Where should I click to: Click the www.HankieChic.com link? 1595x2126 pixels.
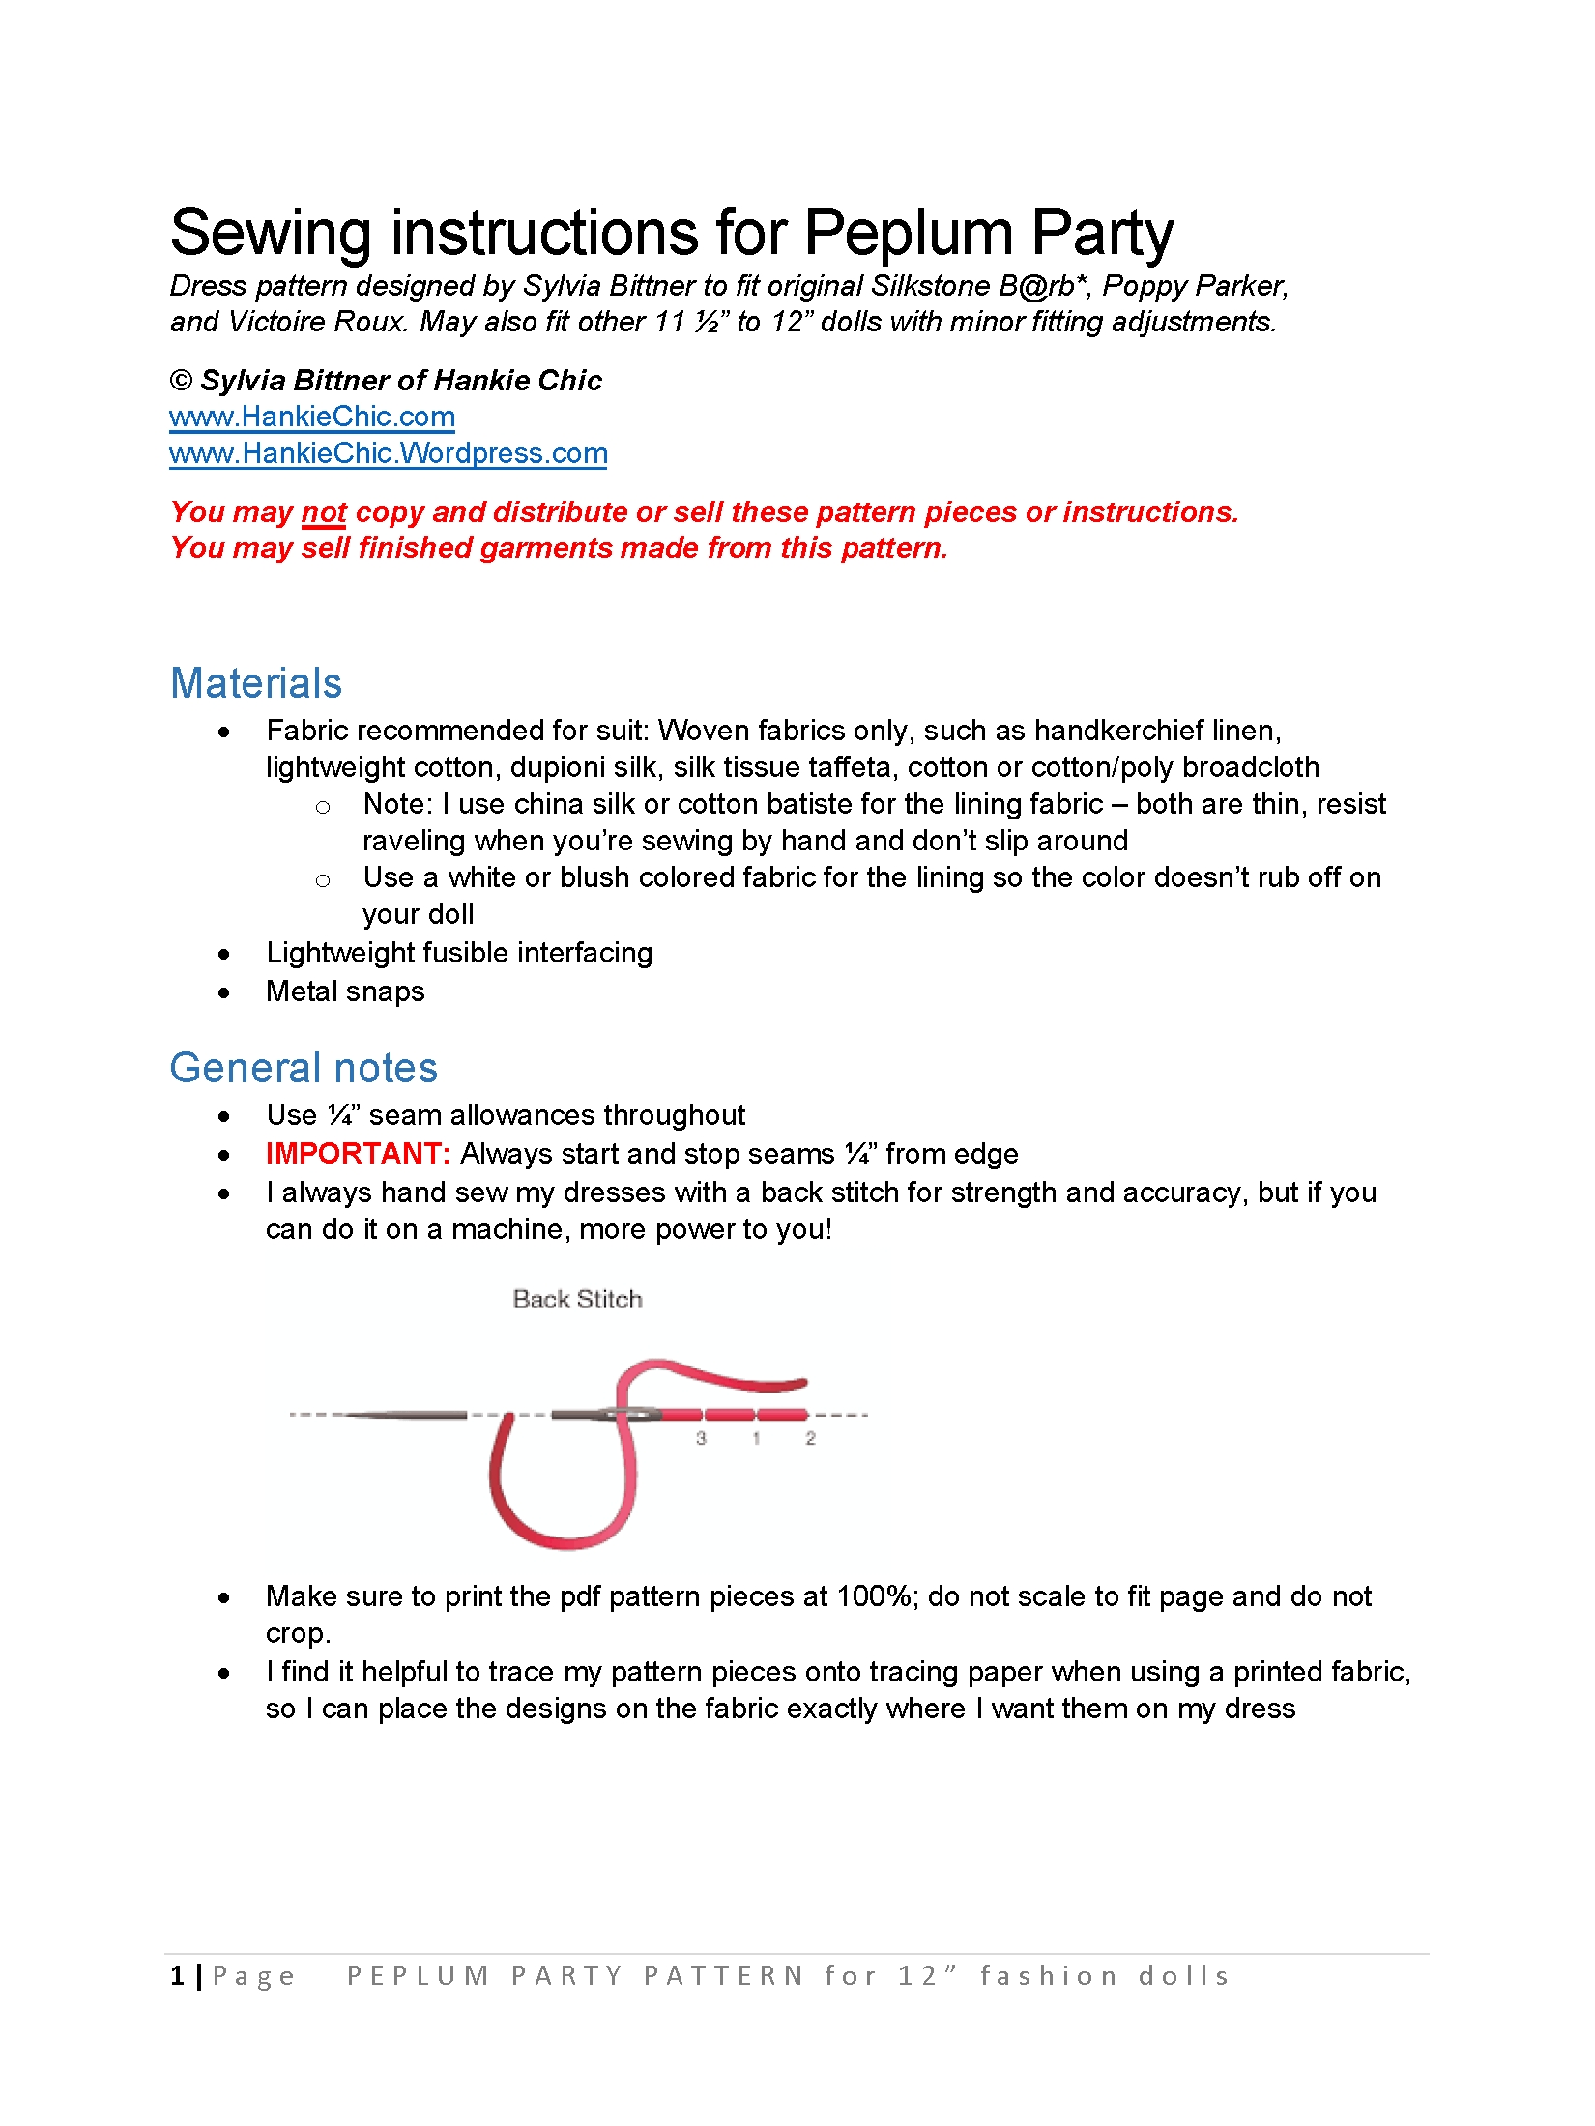[x=311, y=417]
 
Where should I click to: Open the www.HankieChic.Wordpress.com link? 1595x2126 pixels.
[x=388, y=453]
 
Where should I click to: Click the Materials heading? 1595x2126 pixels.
[x=256, y=683]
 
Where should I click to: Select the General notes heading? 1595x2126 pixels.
[x=304, y=1068]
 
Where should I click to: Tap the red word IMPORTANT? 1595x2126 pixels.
[x=358, y=1154]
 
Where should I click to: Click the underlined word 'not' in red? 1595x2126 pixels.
[x=324, y=512]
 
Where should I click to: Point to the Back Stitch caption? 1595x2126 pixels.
[x=577, y=1300]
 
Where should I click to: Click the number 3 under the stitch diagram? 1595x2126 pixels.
[x=701, y=1439]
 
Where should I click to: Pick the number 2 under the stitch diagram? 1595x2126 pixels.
[x=810, y=1439]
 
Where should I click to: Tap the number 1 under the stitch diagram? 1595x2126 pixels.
[x=756, y=1439]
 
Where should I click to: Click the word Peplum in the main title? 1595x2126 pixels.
[x=908, y=234]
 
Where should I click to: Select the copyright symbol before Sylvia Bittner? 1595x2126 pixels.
[x=181, y=381]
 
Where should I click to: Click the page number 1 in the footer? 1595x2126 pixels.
[x=178, y=1976]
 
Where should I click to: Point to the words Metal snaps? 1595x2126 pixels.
[x=345, y=991]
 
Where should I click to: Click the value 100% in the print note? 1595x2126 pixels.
[x=875, y=1596]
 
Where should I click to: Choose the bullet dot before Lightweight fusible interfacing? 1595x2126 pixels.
[x=224, y=955]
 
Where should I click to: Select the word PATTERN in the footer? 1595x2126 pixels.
[x=724, y=1976]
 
